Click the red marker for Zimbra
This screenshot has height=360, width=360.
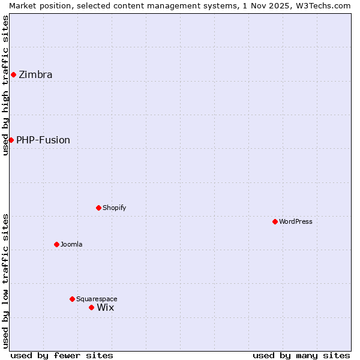click(x=13, y=74)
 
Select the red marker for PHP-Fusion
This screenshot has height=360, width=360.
click(x=11, y=140)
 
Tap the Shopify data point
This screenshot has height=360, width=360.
click(x=98, y=208)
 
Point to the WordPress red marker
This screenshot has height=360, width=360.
click(x=275, y=221)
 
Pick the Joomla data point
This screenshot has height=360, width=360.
click(x=56, y=244)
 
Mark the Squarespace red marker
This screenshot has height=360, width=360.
click(x=72, y=299)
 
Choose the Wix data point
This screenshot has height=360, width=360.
click(x=91, y=307)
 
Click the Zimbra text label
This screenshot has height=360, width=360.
click(x=35, y=75)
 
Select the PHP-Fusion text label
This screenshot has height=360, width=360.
click(x=43, y=140)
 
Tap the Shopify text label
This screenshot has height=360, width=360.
click(x=114, y=208)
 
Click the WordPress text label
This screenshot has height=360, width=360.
click(x=296, y=221)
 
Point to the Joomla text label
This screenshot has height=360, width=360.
click(x=71, y=244)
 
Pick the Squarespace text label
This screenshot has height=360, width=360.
click(x=97, y=299)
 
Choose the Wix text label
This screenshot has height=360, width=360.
click(x=106, y=308)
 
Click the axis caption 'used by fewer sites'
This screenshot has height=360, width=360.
click(x=62, y=355)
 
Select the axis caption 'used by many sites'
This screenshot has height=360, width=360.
click(x=301, y=355)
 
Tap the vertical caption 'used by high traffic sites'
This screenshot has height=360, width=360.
click(x=5, y=85)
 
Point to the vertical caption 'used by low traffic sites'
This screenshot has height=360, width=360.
click(x=5, y=280)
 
